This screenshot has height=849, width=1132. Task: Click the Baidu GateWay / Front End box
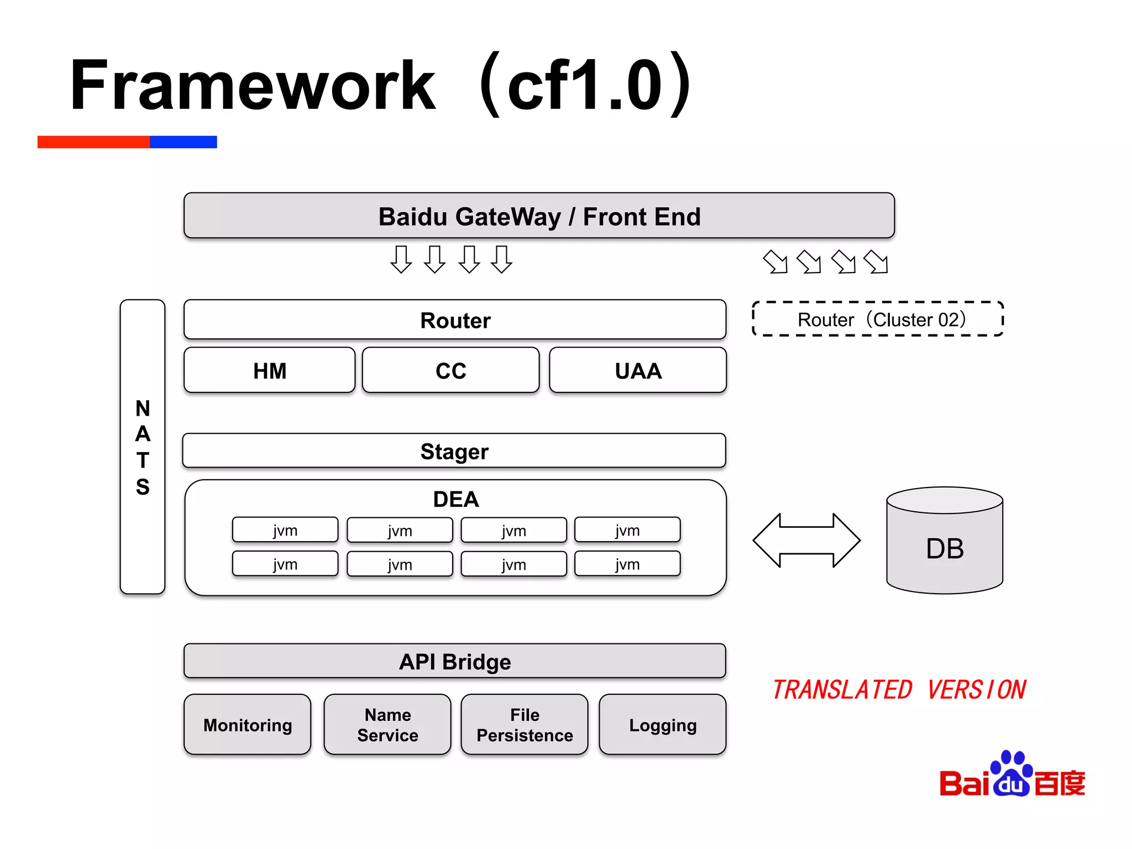click(x=539, y=216)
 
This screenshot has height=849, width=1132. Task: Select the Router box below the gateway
click(x=454, y=320)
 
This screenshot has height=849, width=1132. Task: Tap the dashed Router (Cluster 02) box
click(x=878, y=319)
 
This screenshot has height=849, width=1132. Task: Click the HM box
click(x=269, y=370)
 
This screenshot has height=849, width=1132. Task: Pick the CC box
click(x=450, y=370)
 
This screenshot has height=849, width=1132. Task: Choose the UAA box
click(x=638, y=370)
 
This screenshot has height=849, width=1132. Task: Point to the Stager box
click(x=454, y=451)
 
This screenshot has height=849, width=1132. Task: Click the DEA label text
click(x=455, y=499)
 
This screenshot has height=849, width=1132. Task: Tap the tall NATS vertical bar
click(x=143, y=447)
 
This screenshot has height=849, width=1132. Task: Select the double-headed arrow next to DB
click(x=806, y=540)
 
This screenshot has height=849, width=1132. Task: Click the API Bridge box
click(x=454, y=661)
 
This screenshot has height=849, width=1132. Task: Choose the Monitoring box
click(x=247, y=725)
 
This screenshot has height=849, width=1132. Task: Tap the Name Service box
click(x=387, y=725)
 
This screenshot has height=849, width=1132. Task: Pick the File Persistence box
click(x=524, y=725)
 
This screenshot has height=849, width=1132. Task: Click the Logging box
click(x=662, y=725)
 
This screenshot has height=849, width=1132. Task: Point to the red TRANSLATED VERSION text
click(x=898, y=690)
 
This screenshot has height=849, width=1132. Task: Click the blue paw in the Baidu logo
click(x=1012, y=774)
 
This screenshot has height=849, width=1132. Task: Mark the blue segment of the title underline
click(x=183, y=142)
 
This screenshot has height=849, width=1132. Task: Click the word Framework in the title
click(x=253, y=86)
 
